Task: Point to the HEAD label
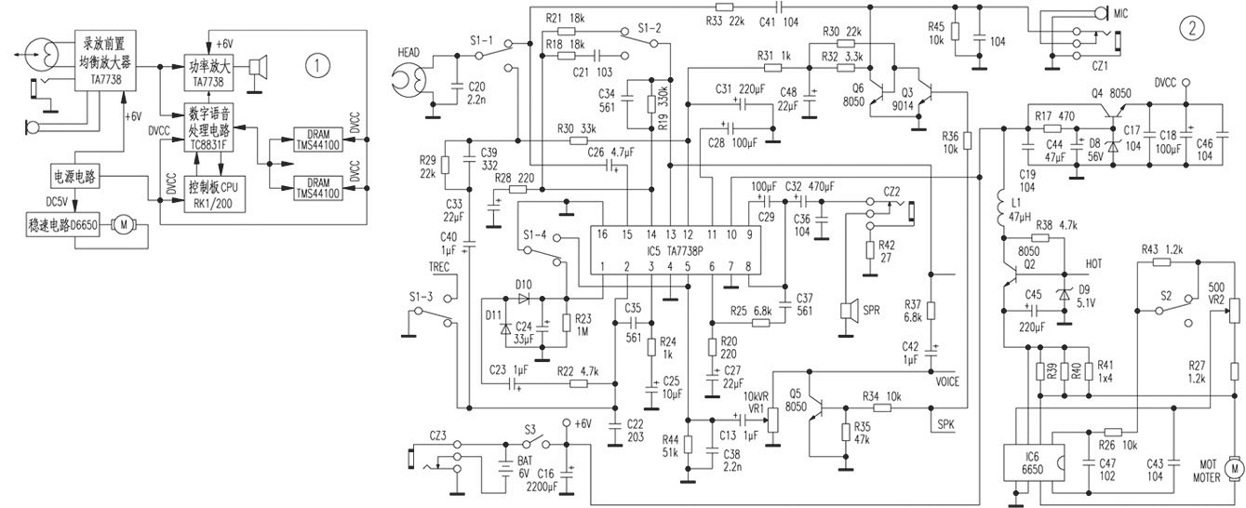[409, 52]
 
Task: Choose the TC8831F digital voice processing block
[211, 129]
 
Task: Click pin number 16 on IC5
[602, 234]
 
